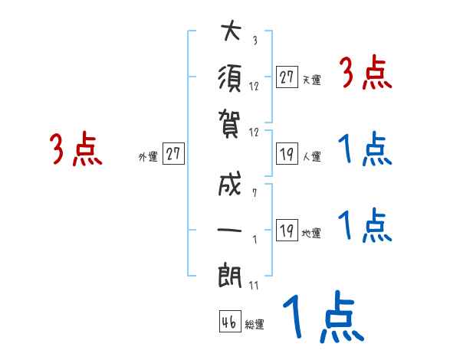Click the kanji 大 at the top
(x=231, y=32)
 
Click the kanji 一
(x=231, y=231)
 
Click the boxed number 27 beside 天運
(x=287, y=77)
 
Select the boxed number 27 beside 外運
(x=173, y=154)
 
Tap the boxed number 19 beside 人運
(x=287, y=154)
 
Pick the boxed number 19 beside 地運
(x=287, y=230)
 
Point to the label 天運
(x=311, y=80)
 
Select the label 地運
(x=311, y=233)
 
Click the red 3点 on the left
(x=76, y=149)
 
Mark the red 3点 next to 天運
(x=366, y=74)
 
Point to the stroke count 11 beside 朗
(x=254, y=285)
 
